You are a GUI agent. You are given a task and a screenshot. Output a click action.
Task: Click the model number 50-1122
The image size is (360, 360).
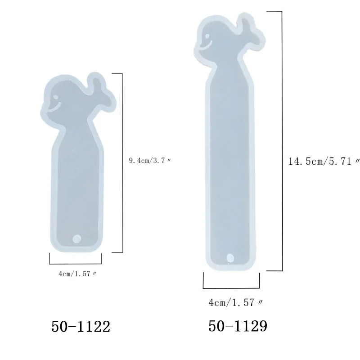pyautogui.click(x=81, y=327)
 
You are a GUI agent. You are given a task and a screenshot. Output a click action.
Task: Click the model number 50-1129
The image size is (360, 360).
pyautogui.click(x=238, y=326)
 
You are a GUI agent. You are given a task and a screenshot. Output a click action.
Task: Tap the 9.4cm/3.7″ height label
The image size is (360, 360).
pyautogui.click(x=150, y=160)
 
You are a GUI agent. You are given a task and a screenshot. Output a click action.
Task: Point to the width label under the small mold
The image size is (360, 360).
pyautogui.click(x=77, y=274)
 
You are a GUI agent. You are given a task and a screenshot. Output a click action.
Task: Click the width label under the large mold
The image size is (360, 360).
pyautogui.click(x=235, y=302)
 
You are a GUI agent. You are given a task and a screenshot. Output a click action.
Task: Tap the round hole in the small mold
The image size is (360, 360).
pyautogui.click(x=76, y=239)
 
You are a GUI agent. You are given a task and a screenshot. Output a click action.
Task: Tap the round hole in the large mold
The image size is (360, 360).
pyautogui.click(x=230, y=257)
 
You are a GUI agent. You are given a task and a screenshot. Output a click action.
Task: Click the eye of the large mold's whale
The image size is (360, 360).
pyautogui.click(x=207, y=36)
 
